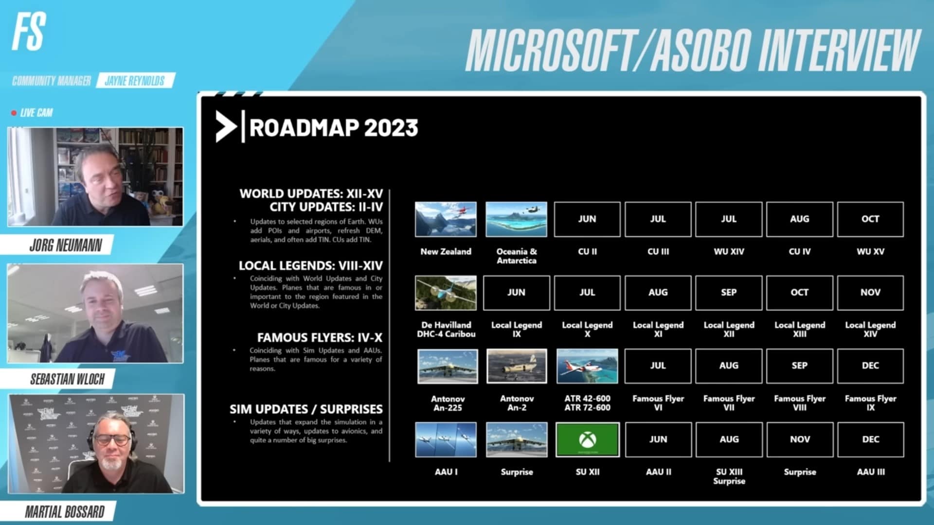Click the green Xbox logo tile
point(587,439)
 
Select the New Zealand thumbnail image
point(446,219)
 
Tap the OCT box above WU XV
point(870,219)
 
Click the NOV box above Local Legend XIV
point(870,293)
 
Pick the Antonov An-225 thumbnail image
point(448,366)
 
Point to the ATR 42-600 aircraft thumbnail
point(587,366)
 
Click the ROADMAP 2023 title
point(333,128)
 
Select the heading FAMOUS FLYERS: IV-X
point(320,337)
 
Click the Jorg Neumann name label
point(66,245)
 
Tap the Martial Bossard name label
point(65,512)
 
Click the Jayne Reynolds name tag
point(135,81)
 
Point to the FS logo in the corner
point(29,32)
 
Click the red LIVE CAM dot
point(14,113)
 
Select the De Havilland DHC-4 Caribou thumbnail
point(446,293)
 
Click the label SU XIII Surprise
point(729,476)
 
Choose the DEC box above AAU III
point(870,439)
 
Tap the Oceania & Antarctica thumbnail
point(516,219)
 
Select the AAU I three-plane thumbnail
point(446,439)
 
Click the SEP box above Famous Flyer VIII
point(799,366)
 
